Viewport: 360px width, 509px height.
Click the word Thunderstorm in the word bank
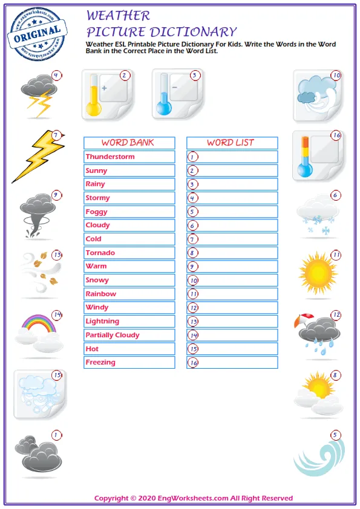110,157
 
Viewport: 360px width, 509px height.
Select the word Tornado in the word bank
100,253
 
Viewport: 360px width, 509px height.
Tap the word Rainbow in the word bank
101,294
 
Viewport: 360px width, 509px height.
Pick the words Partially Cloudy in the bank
113,335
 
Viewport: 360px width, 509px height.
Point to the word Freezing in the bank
100,362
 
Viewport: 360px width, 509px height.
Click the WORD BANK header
128,143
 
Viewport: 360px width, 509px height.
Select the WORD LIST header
231,143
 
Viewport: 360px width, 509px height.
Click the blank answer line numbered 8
236,253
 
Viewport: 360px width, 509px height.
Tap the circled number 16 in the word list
193,363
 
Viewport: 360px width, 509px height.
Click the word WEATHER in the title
118,16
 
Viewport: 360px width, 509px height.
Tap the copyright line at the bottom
194,498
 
